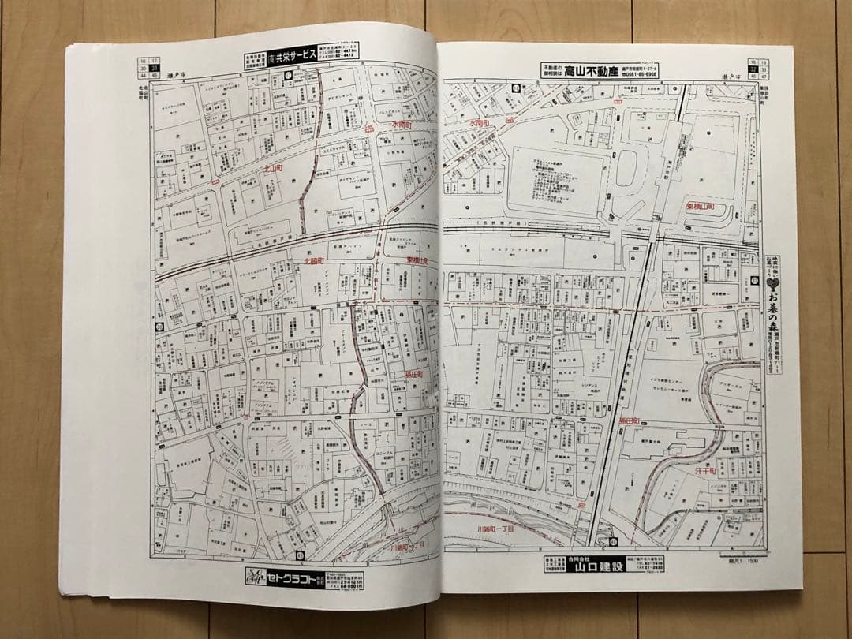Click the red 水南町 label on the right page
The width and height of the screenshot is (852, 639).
click(478, 124)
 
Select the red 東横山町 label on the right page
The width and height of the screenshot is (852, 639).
click(700, 205)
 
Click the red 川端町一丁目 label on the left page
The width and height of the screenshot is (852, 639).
click(406, 545)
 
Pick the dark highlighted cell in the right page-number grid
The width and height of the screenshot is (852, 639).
click(754, 69)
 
